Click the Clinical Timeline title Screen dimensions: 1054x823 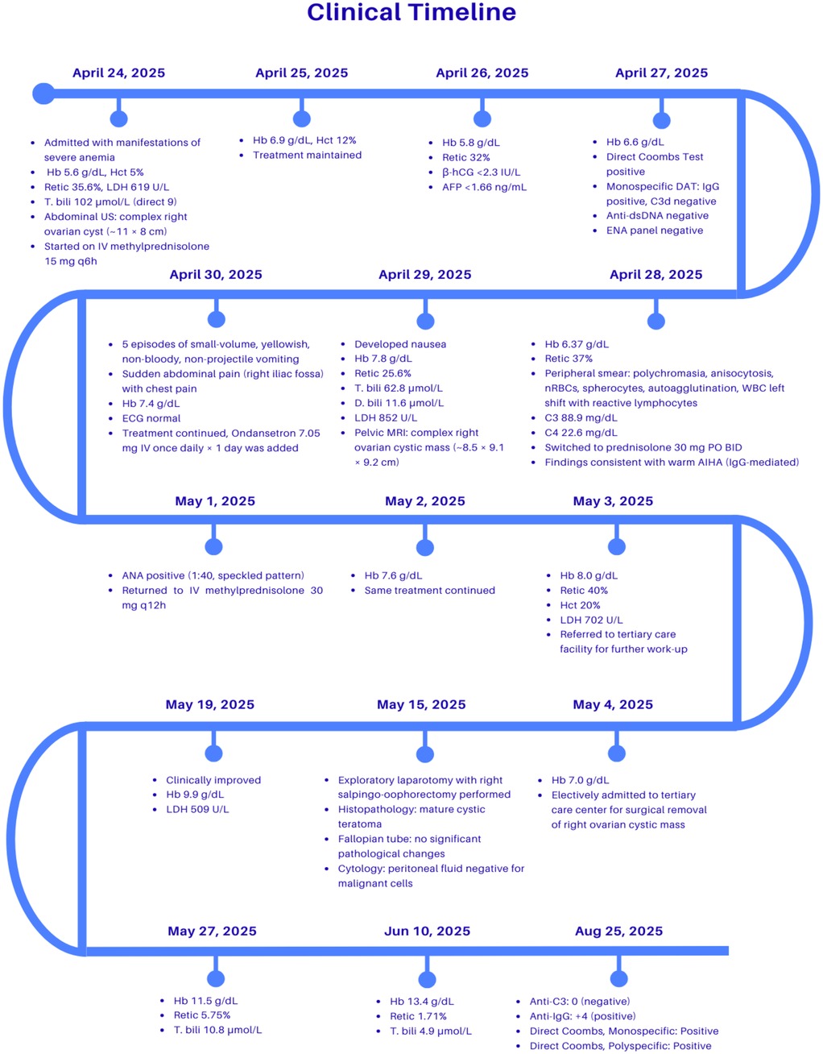411,13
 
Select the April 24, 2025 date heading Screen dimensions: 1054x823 118,73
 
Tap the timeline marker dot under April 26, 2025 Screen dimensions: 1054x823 482,119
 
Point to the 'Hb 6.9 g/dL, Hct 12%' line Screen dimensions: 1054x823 304,140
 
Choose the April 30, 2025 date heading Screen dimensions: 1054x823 216,275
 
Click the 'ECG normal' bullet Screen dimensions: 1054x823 151,418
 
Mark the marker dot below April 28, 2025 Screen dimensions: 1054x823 656,322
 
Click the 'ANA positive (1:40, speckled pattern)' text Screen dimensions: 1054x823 213,575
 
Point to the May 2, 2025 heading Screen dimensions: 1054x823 425,501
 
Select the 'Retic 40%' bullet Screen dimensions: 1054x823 584,591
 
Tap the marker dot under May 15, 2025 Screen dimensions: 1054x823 425,754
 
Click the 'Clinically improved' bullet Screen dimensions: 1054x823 213,780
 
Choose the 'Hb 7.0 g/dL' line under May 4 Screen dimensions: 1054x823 580,780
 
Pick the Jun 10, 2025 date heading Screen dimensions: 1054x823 427,932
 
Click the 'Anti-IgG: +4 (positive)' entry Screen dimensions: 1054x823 582,1016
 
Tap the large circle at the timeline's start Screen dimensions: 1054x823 43,93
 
